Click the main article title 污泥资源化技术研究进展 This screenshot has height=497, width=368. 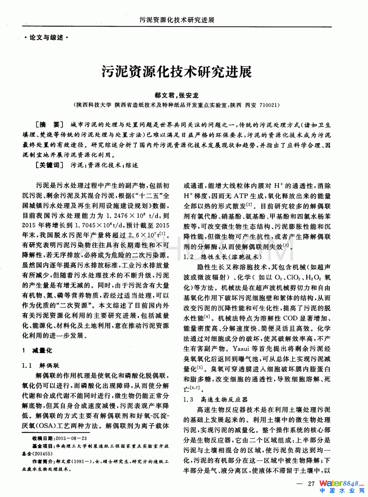tap(176, 71)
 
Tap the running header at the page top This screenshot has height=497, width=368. tap(177, 20)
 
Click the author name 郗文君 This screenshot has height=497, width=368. tap(164, 95)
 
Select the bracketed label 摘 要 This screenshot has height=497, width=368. tap(49, 125)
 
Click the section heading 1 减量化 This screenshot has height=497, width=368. tap(37, 350)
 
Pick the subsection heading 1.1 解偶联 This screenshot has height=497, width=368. tap(41, 366)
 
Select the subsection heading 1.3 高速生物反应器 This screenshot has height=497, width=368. tap(215, 399)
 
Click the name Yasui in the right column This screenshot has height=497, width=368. tap(241, 349)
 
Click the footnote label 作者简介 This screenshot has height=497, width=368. tap(43, 462)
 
